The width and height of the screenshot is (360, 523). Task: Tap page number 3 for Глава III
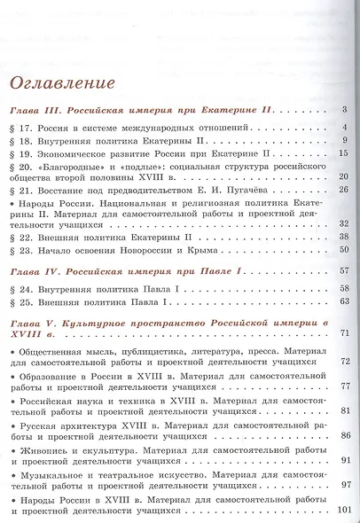click(341, 111)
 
